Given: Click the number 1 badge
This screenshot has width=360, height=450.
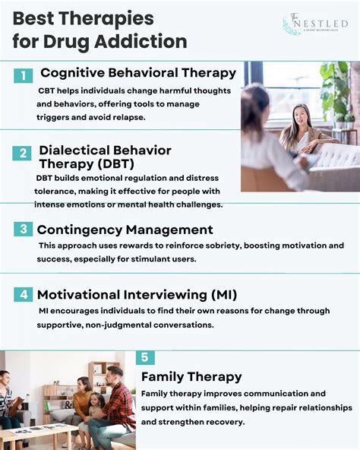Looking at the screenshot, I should (23, 75).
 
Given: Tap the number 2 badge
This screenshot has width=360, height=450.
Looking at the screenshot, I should (23, 152).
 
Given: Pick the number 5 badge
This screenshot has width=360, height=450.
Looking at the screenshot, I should (146, 358).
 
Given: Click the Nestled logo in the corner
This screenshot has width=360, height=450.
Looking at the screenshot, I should (315, 24).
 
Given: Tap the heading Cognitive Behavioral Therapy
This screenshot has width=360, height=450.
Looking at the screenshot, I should (138, 73).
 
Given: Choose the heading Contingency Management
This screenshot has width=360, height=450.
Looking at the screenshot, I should (125, 230).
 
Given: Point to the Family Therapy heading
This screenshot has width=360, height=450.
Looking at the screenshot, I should (191, 376).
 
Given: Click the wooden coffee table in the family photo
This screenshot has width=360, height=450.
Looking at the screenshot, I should (38, 434).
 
